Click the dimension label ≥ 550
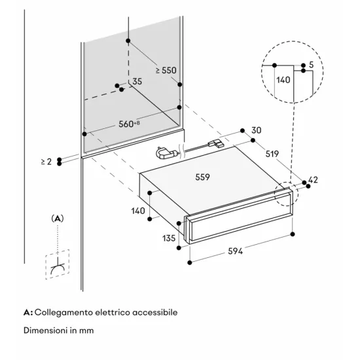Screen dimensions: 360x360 point(166,70)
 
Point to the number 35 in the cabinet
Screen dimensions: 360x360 point(137,82)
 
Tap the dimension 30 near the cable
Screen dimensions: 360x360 point(255,130)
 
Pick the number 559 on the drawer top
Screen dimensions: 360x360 point(204,177)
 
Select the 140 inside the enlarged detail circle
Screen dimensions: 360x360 point(283,81)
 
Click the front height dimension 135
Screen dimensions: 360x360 point(169,238)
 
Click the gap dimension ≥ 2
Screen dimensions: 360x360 point(45,161)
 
